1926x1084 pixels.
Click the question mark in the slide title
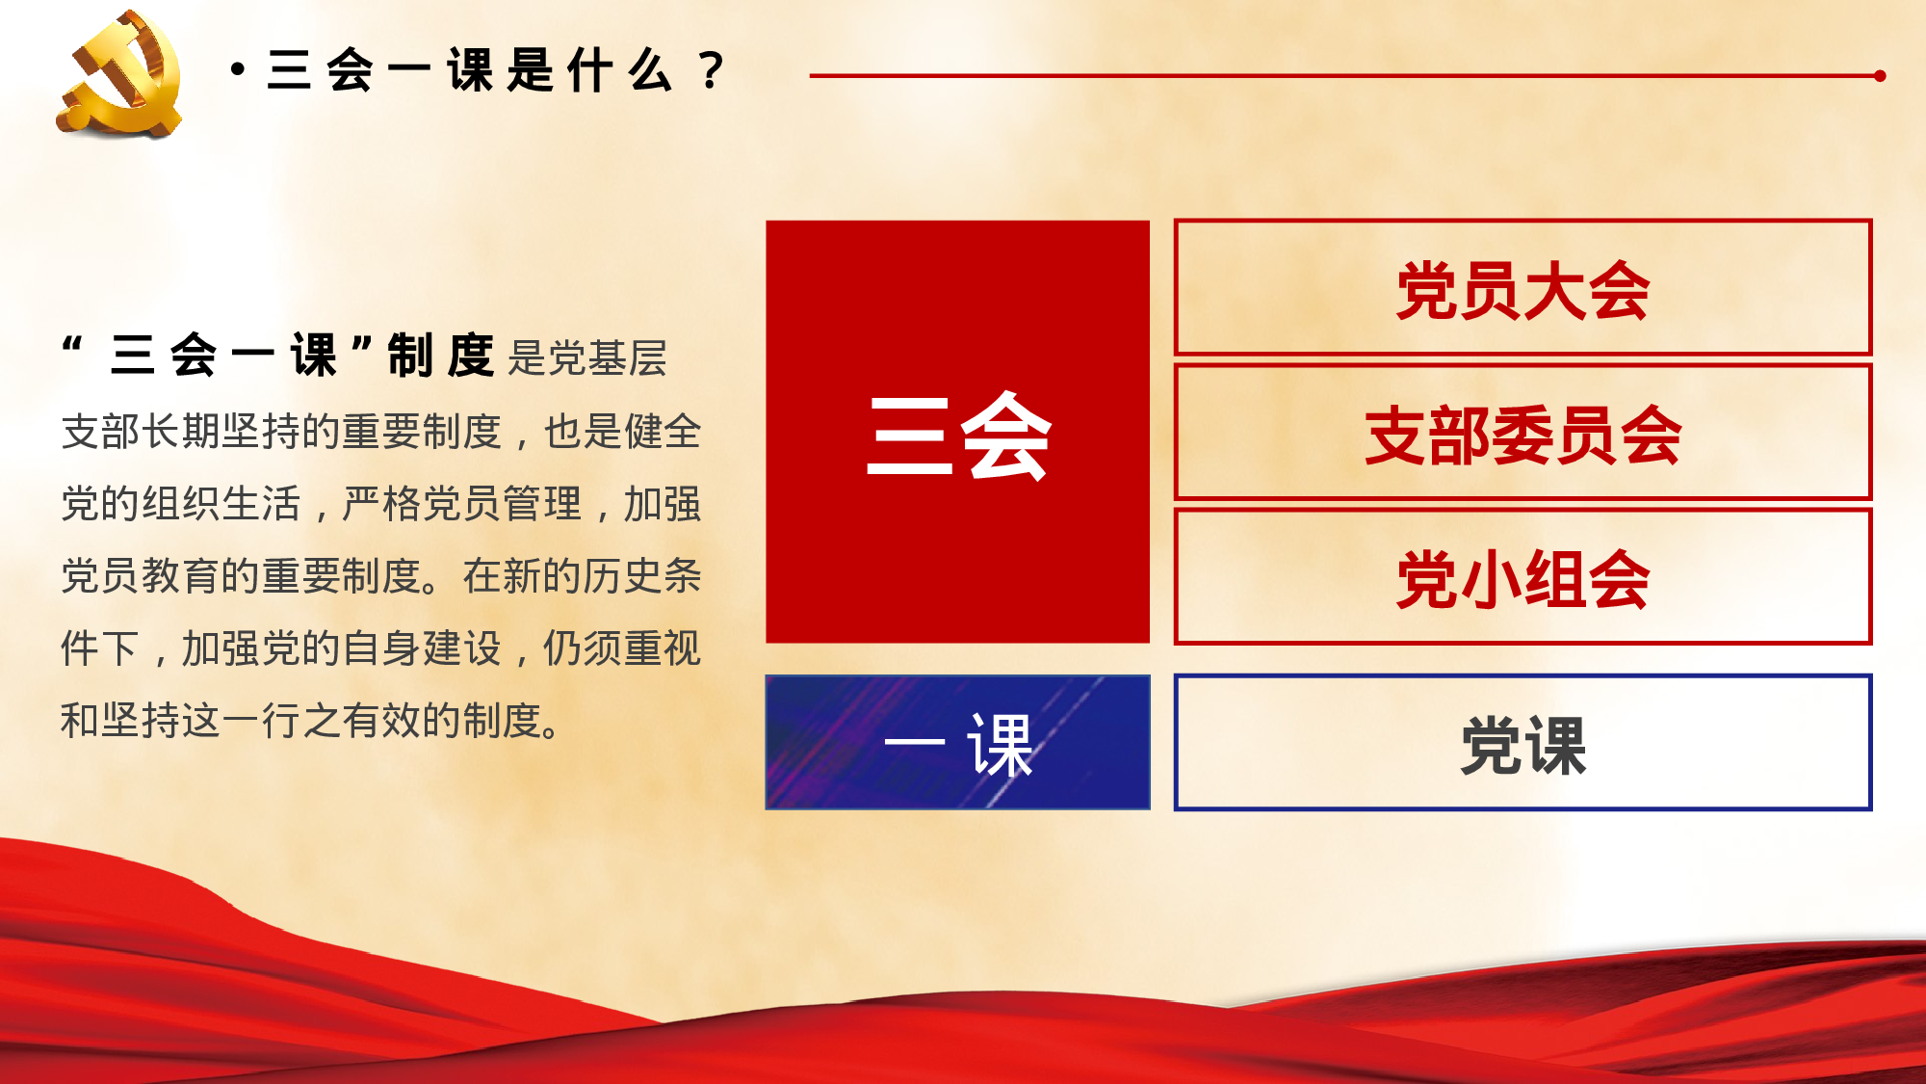(712, 70)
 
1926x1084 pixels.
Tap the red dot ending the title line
(1880, 75)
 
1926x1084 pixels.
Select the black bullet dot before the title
(238, 69)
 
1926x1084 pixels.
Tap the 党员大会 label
(1523, 290)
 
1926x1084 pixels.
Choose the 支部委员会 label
(1523, 436)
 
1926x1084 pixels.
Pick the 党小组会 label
(1523, 579)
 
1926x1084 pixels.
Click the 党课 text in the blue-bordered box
(1523, 745)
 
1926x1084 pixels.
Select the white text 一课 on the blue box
(957, 744)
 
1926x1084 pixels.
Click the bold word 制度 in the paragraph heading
(440, 355)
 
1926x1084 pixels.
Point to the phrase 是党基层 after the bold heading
(586, 358)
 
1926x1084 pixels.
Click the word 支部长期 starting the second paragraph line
(141, 431)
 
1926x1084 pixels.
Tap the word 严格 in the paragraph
(381, 503)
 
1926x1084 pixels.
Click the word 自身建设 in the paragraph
(422, 648)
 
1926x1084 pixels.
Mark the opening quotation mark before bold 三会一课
(71, 345)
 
